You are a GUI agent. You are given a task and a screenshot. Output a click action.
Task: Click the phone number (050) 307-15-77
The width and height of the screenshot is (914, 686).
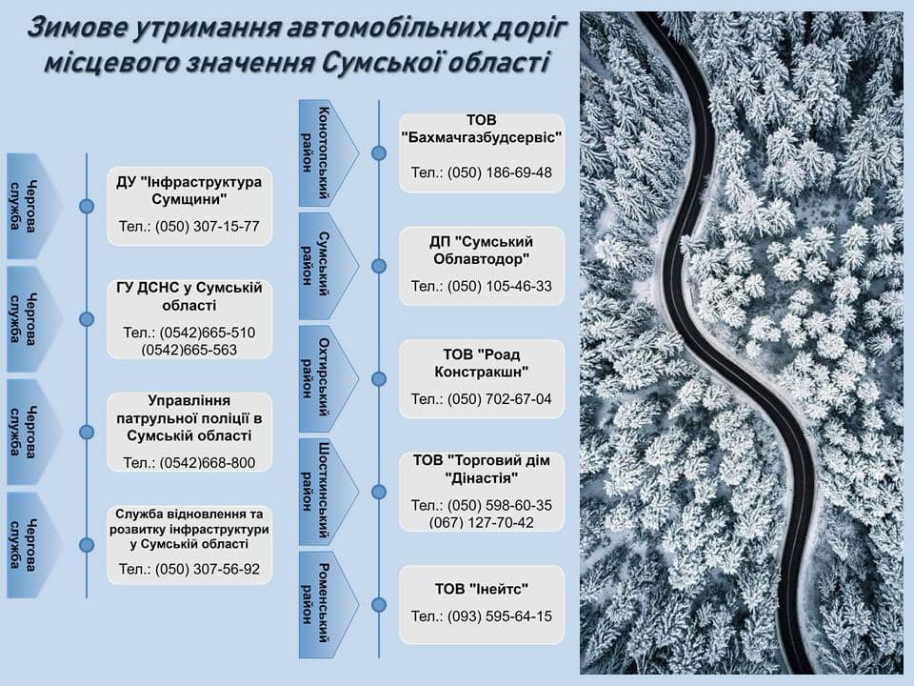(x=207, y=227)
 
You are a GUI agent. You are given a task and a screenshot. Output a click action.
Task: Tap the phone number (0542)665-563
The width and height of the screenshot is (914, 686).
(x=189, y=350)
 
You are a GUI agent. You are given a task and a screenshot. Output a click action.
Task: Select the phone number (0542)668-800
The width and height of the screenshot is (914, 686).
(x=207, y=463)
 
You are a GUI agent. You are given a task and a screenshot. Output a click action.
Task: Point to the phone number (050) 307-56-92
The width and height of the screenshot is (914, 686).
(x=207, y=569)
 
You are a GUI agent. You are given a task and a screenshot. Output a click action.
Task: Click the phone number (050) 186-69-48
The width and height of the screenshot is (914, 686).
(x=500, y=172)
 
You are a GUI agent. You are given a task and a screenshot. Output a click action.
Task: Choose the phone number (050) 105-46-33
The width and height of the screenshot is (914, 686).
(x=500, y=286)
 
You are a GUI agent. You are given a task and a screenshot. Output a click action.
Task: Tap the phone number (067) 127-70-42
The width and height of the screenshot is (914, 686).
(x=481, y=523)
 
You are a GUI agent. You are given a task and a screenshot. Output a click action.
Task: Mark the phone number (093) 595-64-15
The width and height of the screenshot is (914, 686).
(x=500, y=616)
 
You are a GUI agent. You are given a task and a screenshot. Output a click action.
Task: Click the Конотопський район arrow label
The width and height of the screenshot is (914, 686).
(x=328, y=152)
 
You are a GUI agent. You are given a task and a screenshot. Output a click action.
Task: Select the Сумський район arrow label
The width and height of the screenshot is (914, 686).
(x=328, y=266)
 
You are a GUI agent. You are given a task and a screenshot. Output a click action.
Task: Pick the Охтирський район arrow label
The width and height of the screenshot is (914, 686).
(x=328, y=379)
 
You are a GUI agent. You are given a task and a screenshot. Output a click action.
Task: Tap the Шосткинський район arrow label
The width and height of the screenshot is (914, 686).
(x=328, y=493)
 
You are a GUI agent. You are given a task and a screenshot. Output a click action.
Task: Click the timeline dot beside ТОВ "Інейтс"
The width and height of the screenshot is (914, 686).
(x=379, y=605)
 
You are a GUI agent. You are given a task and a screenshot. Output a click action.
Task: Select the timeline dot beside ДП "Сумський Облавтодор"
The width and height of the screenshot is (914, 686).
(x=379, y=266)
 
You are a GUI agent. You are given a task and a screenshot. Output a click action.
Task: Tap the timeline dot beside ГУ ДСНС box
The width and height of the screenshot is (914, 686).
(x=87, y=319)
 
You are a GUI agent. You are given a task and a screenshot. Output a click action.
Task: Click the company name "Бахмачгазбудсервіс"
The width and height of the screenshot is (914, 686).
(x=482, y=137)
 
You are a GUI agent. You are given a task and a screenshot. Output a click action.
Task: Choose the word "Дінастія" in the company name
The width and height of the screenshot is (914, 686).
(x=482, y=478)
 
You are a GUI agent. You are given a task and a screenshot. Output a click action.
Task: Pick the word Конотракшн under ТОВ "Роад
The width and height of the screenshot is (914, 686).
(x=482, y=372)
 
